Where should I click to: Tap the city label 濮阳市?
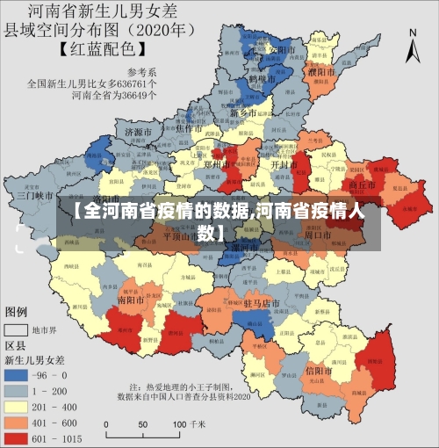click(321, 71)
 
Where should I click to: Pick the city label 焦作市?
click(191, 128)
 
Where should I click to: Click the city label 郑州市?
click(215, 164)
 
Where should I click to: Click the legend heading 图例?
click(17, 312)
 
